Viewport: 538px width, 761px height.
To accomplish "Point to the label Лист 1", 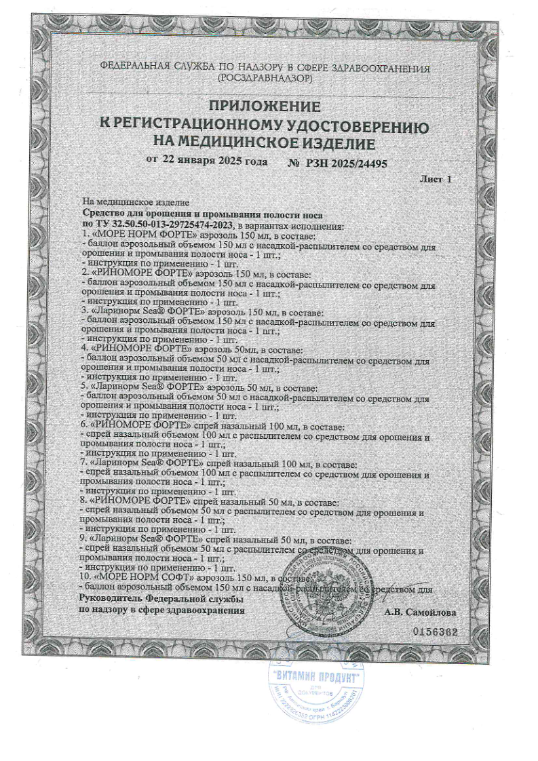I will click(x=436, y=179).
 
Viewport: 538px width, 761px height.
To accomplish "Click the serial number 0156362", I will click(x=436, y=631).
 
